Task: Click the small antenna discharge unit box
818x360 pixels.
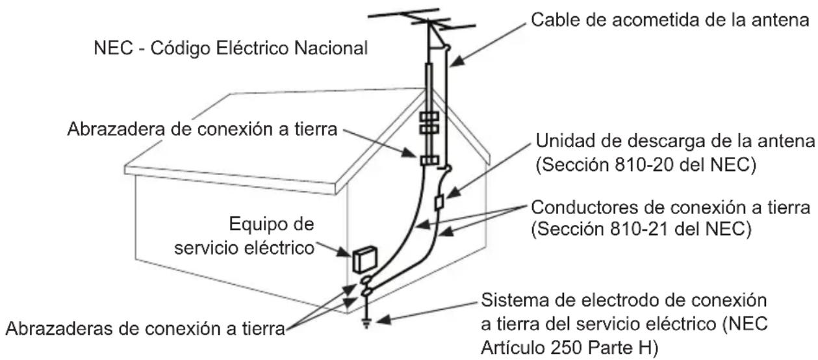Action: tap(439, 202)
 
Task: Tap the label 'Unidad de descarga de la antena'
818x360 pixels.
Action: tap(674, 142)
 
